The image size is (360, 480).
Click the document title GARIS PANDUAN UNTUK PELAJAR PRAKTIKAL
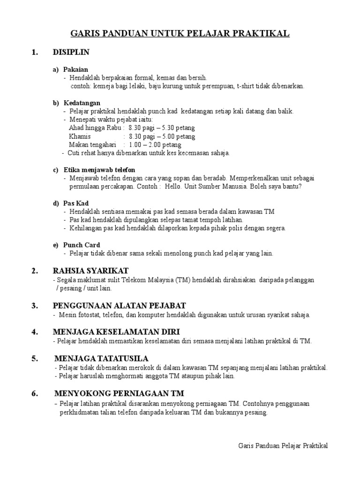coord(180,33)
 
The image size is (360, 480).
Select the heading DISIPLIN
coord(71,52)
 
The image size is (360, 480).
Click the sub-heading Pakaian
coord(75,69)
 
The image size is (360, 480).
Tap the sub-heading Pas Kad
coord(76,203)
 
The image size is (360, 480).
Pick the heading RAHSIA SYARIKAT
coord(91,270)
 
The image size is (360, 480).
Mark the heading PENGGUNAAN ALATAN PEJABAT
coord(120,306)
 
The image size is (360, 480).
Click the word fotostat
coord(87,315)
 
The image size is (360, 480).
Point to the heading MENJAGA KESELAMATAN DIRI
coord(116,331)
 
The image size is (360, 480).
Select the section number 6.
coord(35,393)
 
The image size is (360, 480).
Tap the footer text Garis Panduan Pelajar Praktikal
coord(283,445)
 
